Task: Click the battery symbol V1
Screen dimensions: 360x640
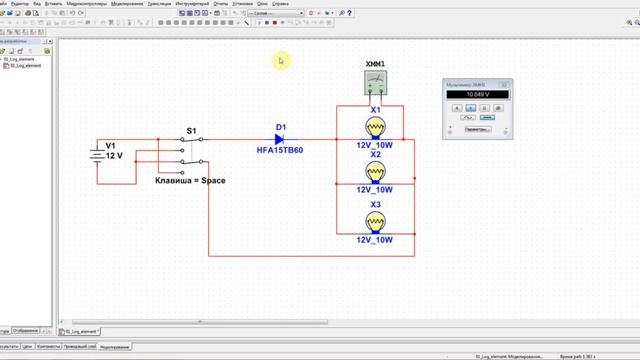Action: pos(96,156)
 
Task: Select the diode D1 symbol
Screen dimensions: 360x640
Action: pos(280,140)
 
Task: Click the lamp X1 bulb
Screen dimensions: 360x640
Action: pos(376,127)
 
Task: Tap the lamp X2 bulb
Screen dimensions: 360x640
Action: pos(376,172)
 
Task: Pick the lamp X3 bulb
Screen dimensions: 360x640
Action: pos(376,221)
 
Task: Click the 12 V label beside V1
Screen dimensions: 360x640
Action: pos(114,157)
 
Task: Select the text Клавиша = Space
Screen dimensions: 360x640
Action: pos(190,180)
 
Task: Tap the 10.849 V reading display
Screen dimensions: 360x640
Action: pos(475,95)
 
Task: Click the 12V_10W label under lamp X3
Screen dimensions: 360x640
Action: pos(376,240)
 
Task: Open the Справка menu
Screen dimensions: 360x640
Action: pos(280,4)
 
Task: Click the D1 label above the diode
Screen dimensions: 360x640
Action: pos(281,127)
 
